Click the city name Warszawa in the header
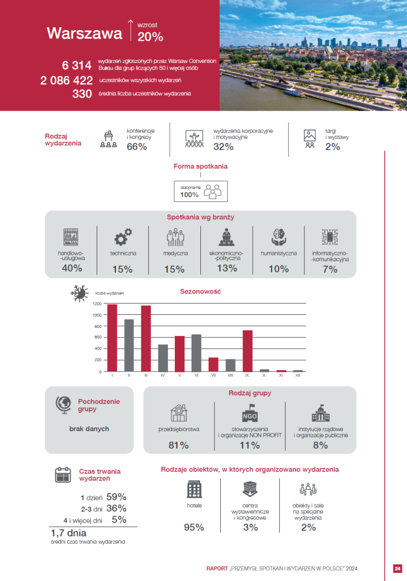tap(84, 33)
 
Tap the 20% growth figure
tap(150, 37)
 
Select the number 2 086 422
tap(66, 80)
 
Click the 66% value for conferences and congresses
tap(137, 147)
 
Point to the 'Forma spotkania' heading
tap(200, 166)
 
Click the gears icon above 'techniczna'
tap(123, 236)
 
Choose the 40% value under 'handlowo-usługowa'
tap(72, 268)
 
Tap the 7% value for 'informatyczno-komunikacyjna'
tap(330, 270)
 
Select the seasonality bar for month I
tap(112, 338)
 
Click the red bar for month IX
tap(247, 351)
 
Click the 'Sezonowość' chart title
tap(200, 292)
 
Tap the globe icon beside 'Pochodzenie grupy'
tap(63, 405)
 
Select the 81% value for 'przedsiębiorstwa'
tap(178, 445)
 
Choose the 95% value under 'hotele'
tap(194, 528)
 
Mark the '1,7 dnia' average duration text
tap(69, 533)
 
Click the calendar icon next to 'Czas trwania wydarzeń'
tap(62, 474)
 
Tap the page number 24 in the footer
tap(397, 569)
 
